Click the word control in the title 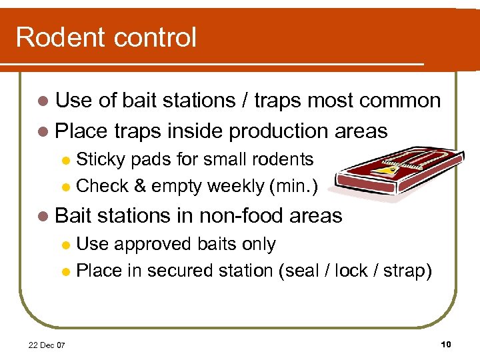tap(152, 37)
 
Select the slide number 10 tap(446, 344)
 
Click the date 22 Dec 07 tap(47, 345)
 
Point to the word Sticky tap(101, 159)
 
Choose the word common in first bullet tap(399, 101)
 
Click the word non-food tap(233, 216)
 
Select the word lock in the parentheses tap(352, 271)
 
